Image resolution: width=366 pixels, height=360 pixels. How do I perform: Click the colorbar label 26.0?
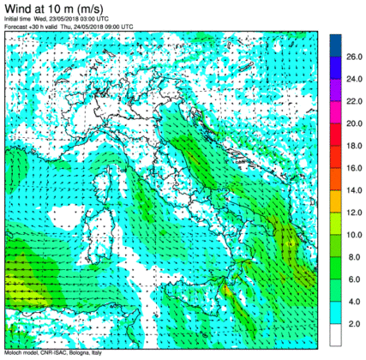(356, 57)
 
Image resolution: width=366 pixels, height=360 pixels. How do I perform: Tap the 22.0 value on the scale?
(356, 101)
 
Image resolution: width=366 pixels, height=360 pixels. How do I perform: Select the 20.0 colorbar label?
(356, 123)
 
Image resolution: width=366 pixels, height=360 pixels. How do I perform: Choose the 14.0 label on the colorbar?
(356, 190)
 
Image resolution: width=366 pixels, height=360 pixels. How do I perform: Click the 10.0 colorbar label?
(356, 235)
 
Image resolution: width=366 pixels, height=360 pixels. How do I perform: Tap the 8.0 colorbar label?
(354, 257)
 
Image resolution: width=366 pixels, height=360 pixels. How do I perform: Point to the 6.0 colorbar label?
(354, 279)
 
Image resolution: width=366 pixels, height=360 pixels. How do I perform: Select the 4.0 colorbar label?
(354, 302)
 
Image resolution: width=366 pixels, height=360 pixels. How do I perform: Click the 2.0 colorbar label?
(354, 324)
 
